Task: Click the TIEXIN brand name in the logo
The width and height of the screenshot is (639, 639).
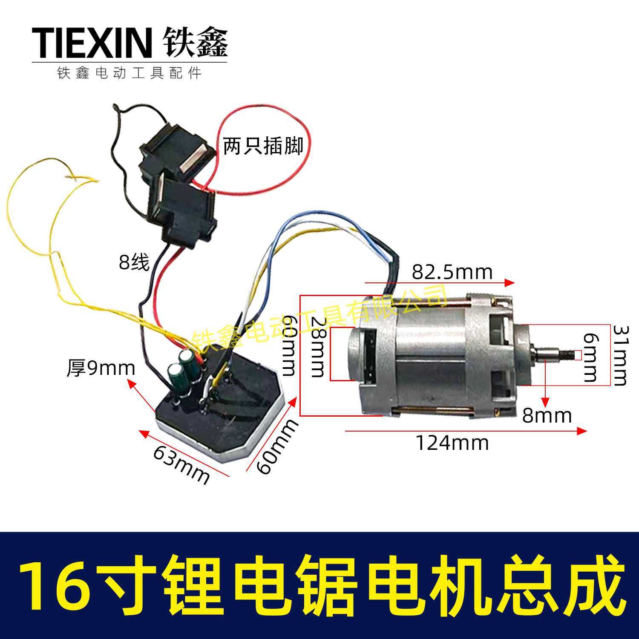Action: click(92, 43)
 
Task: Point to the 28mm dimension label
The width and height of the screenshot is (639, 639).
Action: click(317, 347)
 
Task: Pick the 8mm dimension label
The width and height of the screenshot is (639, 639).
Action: click(547, 415)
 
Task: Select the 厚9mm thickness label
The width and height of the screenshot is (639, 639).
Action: click(101, 368)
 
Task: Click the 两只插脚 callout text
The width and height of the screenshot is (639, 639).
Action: click(263, 146)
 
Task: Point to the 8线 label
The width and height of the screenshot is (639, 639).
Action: click(134, 262)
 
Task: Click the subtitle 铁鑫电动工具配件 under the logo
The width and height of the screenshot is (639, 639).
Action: click(130, 73)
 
